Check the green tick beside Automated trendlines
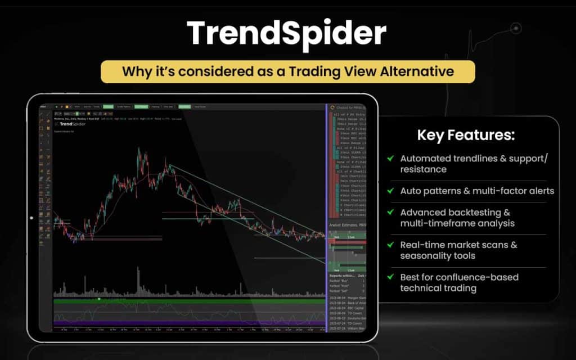coord(390,159)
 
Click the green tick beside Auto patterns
coord(390,191)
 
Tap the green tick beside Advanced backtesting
coord(390,213)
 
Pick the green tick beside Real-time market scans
coord(390,245)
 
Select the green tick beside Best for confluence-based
coord(390,277)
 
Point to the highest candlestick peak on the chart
coord(138,150)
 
